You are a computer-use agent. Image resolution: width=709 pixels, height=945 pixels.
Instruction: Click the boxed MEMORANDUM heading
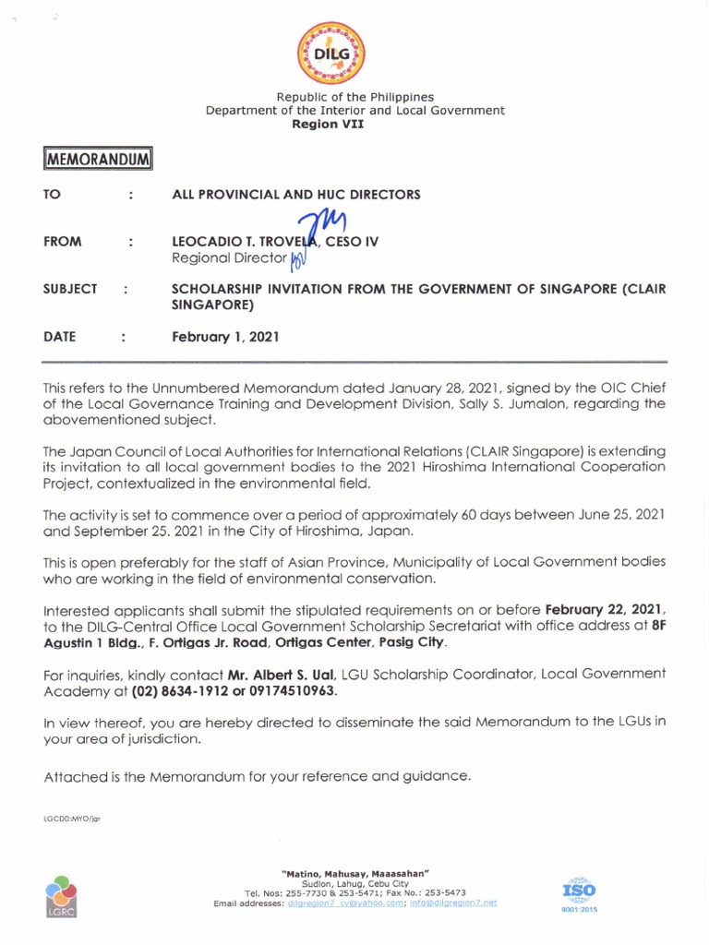96,160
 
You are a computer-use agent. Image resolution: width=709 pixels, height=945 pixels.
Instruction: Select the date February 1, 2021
225,338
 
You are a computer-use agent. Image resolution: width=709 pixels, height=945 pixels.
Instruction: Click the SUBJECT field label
70,289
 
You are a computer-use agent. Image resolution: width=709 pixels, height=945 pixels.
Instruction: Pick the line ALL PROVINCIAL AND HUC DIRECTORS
296,195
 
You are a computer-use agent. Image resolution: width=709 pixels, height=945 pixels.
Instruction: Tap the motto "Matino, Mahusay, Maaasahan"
354,873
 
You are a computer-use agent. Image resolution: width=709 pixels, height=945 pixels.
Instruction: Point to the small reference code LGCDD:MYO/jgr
71,819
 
